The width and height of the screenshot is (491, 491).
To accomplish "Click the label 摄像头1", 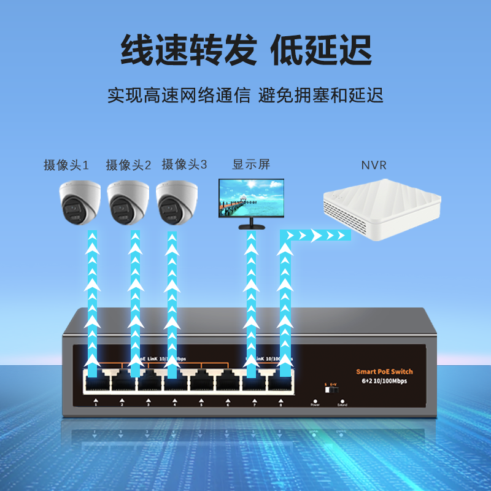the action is click(66, 165).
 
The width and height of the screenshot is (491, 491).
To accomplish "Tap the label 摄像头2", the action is click(128, 165).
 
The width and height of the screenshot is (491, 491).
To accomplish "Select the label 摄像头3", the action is click(184, 164).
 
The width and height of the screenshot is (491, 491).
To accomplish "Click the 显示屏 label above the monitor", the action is click(251, 164).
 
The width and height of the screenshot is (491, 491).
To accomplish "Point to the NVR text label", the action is click(374, 165).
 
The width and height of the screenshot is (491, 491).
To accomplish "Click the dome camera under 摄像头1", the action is click(79, 201).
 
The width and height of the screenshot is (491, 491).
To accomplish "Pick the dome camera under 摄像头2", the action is click(128, 201).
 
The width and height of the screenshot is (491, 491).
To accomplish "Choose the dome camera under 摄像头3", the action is click(177, 201).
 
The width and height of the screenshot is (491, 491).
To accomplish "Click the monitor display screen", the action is click(252, 198).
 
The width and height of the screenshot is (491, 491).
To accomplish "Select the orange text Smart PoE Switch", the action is click(384, 371).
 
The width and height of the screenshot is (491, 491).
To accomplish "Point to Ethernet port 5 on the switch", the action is click(201, 383).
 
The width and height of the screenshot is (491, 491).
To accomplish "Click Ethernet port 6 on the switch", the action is click(228, 383).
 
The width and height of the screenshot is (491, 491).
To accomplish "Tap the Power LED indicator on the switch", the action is click(315, 399).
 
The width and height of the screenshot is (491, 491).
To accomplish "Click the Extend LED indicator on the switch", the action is click(342, 399).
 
